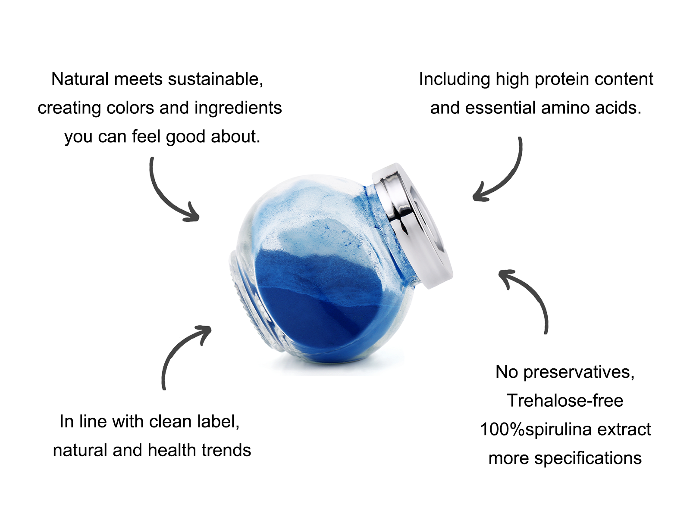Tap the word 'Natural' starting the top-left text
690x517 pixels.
click(80, 79)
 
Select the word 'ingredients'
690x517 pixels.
click(238, 109)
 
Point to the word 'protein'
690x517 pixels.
click(562, 80)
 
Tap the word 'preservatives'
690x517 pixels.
click(579, 373)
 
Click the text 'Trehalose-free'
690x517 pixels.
click(565, 401)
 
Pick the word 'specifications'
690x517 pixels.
click(588, 458)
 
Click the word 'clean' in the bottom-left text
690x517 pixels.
click(170, 422)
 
